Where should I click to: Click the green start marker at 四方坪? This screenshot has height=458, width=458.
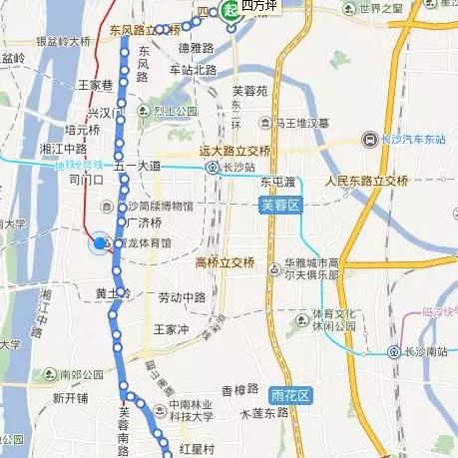click(230, 10)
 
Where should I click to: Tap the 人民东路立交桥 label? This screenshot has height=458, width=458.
click(366, 181)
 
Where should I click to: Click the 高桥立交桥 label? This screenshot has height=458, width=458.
click(226, 262)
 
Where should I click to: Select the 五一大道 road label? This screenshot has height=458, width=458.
click(139, 166)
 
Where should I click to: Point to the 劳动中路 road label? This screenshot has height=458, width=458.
click(182, 297)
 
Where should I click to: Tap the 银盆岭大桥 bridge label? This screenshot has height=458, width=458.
click(63, 42)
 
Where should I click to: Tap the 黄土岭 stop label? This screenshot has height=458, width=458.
click(112, 293)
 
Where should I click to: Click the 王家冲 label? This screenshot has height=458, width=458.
click(170, 328)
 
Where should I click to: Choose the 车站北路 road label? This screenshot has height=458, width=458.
click(193, 70)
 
